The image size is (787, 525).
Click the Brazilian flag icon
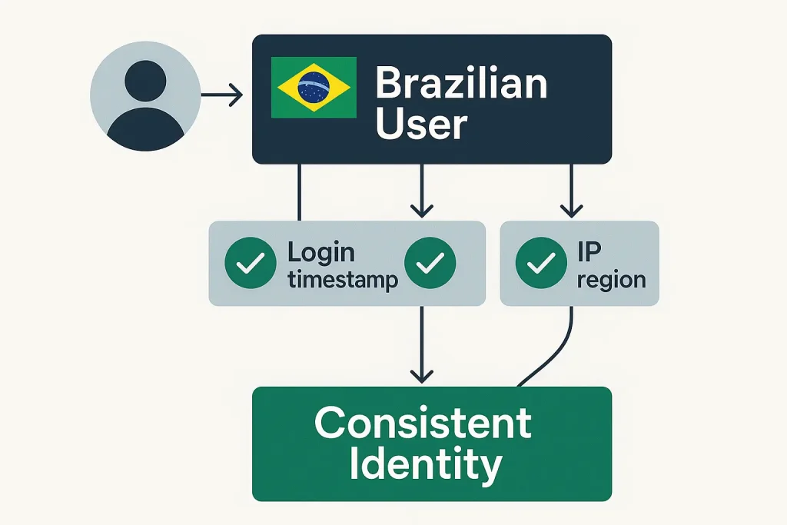point(314,87)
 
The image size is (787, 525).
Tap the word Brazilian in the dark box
point(460,84)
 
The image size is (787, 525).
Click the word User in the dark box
point(420,124)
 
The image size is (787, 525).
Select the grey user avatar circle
point(145,95)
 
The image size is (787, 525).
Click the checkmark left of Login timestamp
point(250,264)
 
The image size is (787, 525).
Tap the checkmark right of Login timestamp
point(430,264)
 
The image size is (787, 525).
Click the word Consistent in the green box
point(423,424)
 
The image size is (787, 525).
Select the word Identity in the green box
point(425,464)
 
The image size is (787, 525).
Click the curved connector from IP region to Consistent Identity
point(561,350)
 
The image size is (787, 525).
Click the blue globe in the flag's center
point(314,87)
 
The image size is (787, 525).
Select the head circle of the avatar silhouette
point(145,81)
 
